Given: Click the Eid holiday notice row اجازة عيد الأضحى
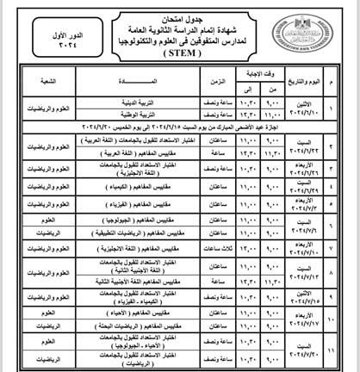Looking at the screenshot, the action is coord(180,125).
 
